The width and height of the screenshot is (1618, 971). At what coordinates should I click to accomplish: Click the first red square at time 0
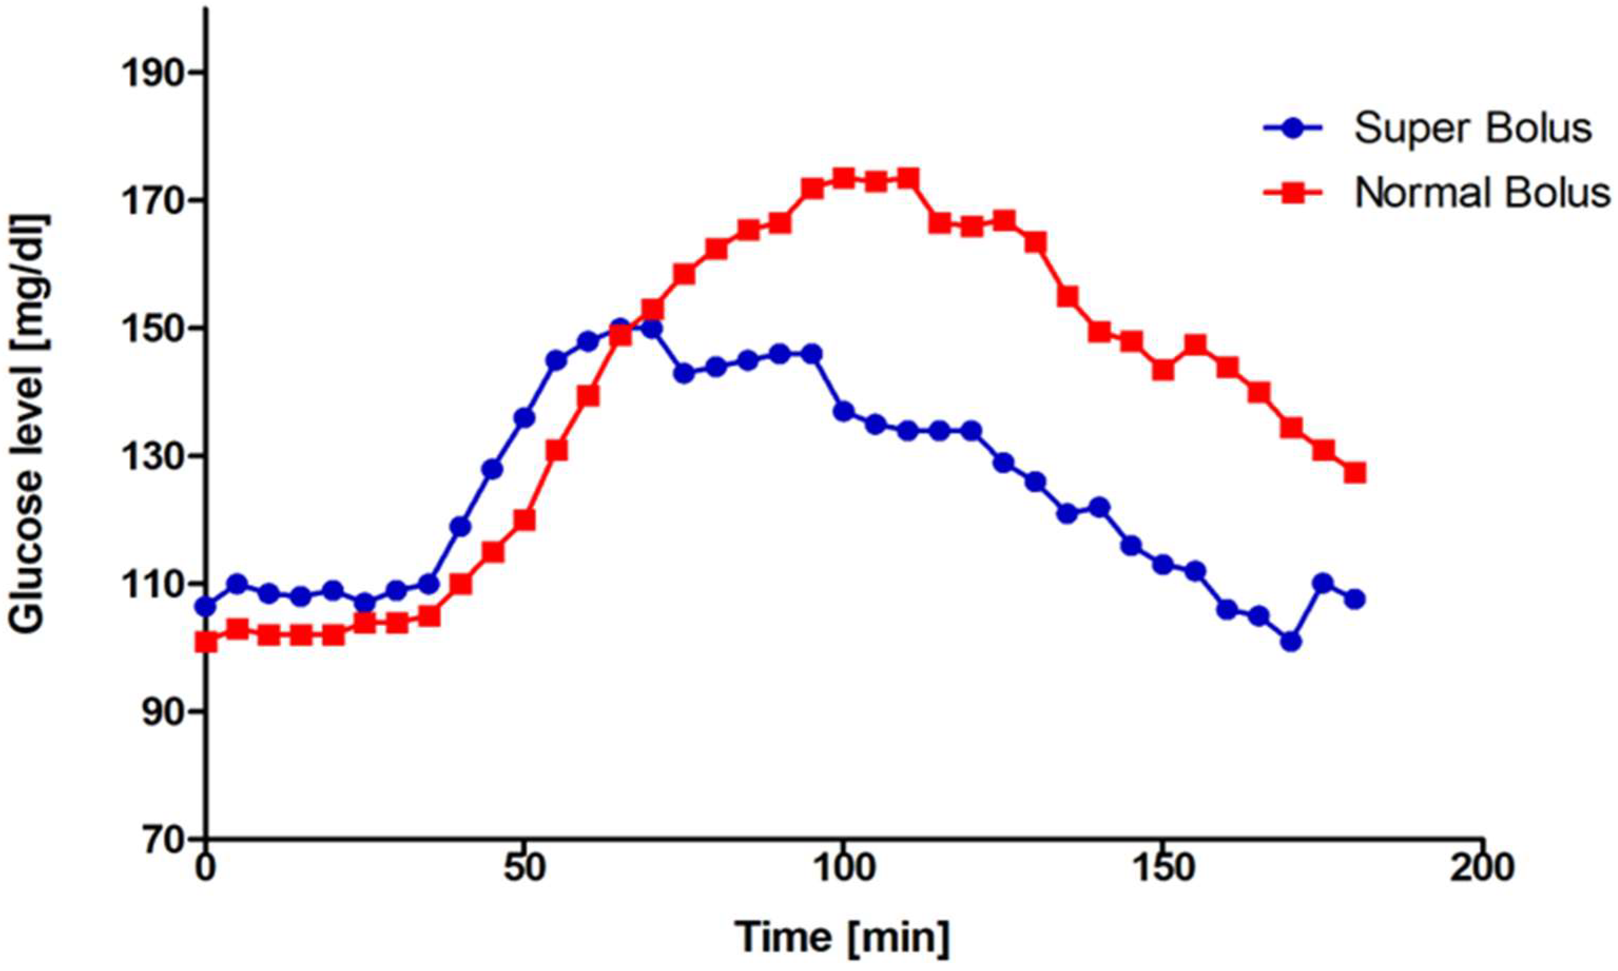(206, 643)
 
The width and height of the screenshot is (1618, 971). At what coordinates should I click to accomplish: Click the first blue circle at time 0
(206, 607)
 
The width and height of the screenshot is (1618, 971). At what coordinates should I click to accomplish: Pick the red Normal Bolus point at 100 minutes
(843, 178)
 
